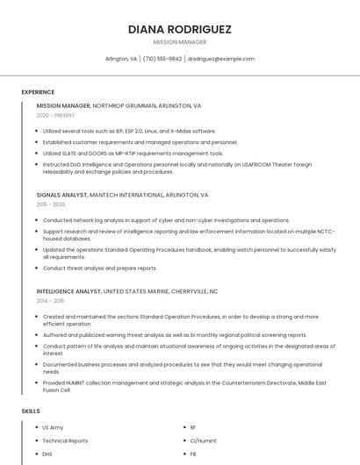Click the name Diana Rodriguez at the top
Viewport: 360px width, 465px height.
click(180, 29)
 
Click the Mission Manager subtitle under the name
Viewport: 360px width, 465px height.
click(180, 42)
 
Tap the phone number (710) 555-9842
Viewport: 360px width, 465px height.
click(162, 59)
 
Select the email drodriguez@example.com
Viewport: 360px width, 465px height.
click(220, 59)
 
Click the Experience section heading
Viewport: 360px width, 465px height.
click(38, 92)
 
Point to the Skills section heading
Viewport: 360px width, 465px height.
click(30, 411)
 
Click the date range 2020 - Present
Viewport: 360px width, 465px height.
click(56, 115)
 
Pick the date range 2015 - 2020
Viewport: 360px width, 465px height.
click(51, 204)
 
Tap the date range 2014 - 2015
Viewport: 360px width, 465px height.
click(51, 300)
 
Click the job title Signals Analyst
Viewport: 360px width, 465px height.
click(61, 195)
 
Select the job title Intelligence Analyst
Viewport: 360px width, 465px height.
click(68, 290)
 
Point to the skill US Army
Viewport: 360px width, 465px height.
click(53, 427)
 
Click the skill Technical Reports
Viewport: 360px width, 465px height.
click(65, 440)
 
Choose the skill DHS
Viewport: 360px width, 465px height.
click(47, 454)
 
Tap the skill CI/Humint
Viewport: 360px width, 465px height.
click(203, 440)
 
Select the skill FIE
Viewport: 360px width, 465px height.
click(193, 454)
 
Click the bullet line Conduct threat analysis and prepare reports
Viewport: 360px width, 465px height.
click(99, 268)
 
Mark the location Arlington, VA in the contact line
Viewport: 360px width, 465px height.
click(121, 59)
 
